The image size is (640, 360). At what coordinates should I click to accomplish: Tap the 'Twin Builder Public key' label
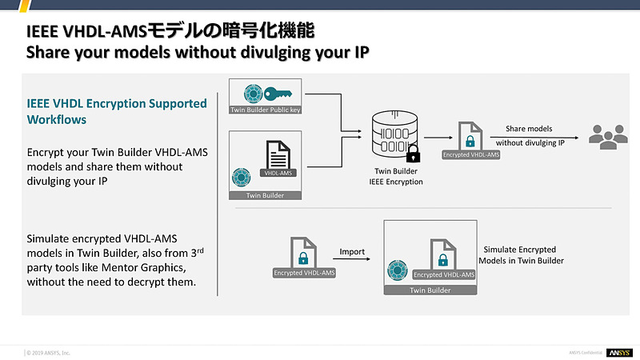coord(265,110)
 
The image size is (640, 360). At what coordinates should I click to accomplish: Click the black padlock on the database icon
coord(414,152)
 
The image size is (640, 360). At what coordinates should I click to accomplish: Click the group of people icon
coord(607,136)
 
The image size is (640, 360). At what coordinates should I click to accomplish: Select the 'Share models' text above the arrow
coord(529,128)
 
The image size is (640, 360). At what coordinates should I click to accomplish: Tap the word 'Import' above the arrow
coord(352,251)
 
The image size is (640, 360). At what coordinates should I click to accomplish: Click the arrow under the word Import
coord(352,262)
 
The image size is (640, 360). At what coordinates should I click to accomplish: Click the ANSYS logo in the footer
coord(619,352)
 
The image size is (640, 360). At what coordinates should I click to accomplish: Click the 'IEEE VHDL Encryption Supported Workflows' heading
coord(117,111)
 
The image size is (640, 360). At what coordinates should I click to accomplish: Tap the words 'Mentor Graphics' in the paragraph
coord(152,267)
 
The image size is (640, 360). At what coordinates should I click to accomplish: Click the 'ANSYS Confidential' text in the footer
coord(586,352)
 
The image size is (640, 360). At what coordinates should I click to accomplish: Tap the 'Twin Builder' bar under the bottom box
coord(430,290)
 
